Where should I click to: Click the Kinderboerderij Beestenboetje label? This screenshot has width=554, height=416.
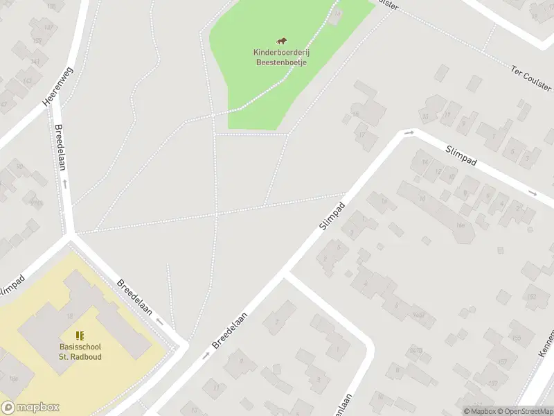pyautogui.click(x=280, y=57)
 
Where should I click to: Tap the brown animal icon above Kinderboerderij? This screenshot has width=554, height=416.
pyautogui.click(x=281, y=42)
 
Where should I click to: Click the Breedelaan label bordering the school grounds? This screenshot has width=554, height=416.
pyautogui.click(x=135, y=297)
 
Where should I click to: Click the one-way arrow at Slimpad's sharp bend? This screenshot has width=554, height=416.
pyautogui.click(x=409, y=132)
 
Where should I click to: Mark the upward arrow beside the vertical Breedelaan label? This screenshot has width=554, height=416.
pyautogui.click(x=65, y=183)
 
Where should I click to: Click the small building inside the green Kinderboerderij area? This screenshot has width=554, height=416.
pyautogui.click(x=337, y=16)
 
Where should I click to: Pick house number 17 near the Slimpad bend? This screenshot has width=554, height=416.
pyautogui.click(x=361, y=135)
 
